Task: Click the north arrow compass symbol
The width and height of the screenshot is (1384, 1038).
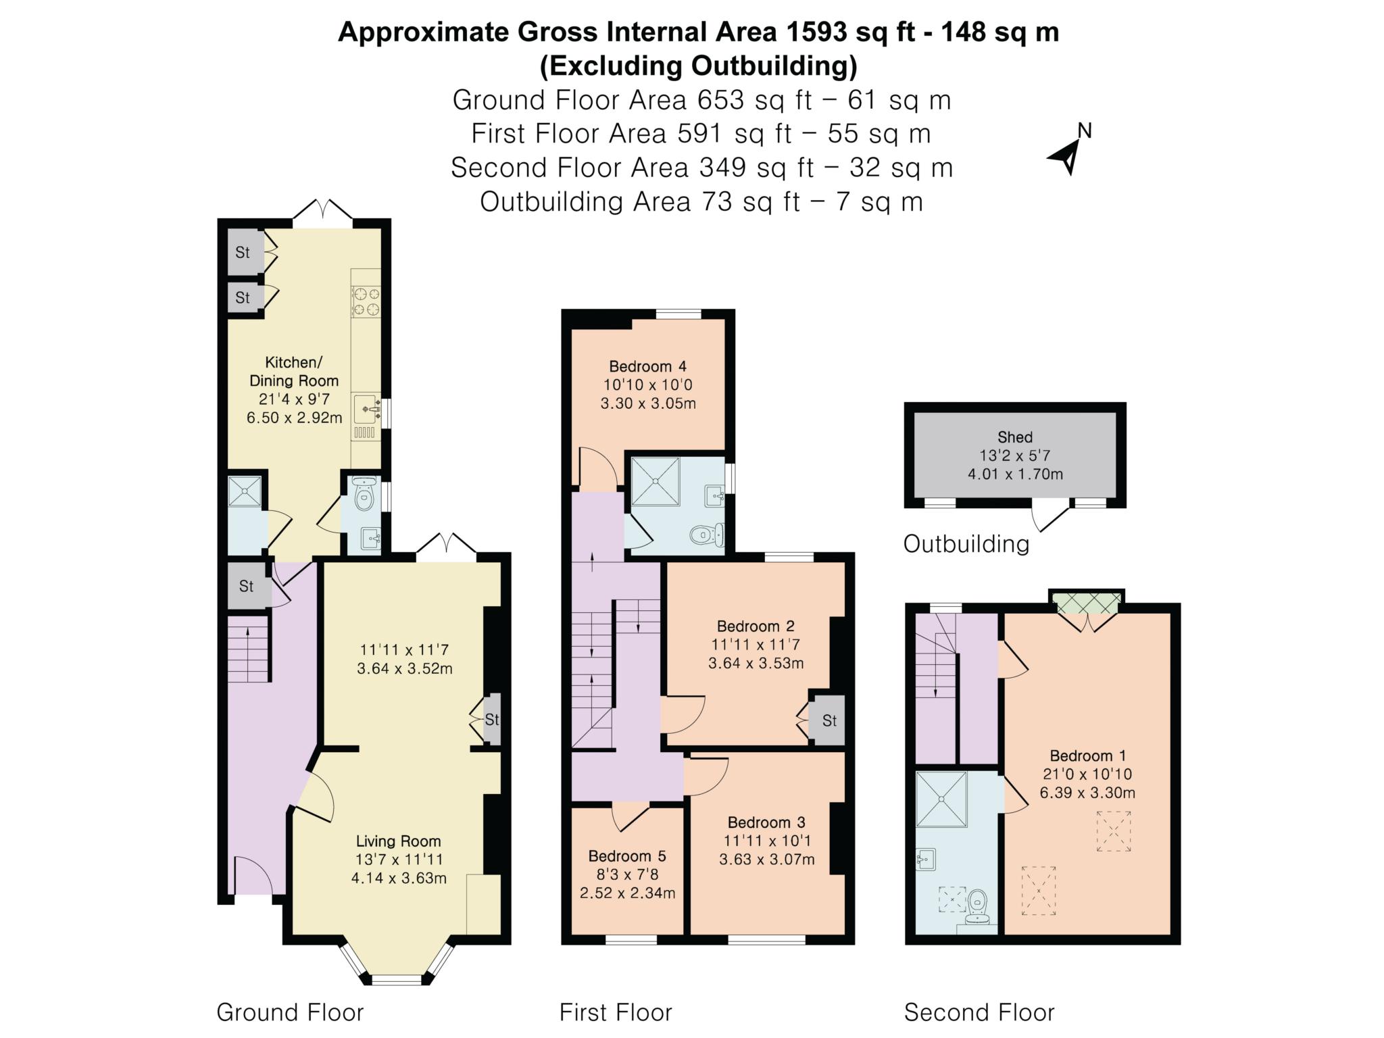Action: tap(1068, 153)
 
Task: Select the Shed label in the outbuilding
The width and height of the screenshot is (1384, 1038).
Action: tap(1014, 437)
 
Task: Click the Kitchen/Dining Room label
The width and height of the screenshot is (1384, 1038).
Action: tap(294, 371)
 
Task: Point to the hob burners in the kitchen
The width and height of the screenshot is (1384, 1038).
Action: tap(366, 302)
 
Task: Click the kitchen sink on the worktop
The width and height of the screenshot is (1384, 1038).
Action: tap(367, 409)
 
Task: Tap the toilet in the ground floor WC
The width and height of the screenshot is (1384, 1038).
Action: tap(364, 495)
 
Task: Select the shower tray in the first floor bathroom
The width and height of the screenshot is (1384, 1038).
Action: tap(655, 481)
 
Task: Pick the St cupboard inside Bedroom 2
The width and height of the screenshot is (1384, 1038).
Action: tap(829, 720)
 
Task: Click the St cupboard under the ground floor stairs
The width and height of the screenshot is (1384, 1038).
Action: tap(246, 586)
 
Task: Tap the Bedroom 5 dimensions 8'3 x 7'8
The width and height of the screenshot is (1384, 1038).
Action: tap(626, 874)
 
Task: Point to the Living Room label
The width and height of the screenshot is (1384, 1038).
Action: tap(399, 841)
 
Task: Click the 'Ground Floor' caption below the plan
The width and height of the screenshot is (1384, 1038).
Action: tap(290, 1012)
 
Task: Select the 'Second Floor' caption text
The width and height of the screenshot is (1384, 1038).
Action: tap(979, 1012)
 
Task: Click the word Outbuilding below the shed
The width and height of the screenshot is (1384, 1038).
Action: tap(966, 544)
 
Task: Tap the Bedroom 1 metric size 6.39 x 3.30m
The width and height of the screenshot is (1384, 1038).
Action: tap(1087, 793)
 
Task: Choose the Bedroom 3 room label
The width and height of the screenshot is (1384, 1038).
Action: tap(766, 822)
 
